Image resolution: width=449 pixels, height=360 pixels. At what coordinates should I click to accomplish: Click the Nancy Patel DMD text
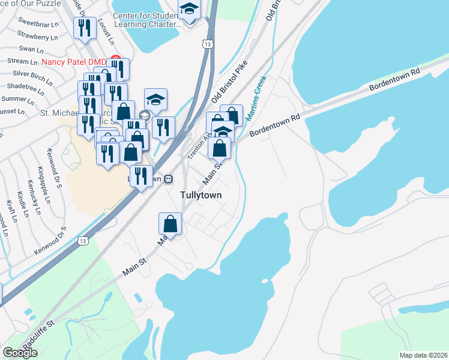coord(73,62)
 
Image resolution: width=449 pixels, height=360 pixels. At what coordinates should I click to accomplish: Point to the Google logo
coord(20,352)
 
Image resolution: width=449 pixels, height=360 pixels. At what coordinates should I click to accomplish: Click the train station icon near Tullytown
coord(169,179)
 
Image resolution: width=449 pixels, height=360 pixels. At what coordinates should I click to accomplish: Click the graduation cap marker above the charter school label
coord(190,10)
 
